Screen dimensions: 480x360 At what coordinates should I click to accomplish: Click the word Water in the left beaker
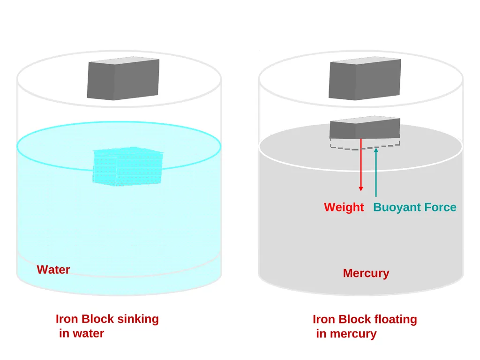click(53, 270)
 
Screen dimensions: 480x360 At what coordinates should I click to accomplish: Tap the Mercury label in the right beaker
click(366, 273)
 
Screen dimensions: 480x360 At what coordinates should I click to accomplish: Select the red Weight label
click(344, 208)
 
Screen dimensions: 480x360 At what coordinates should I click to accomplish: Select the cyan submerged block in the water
click(128, 167)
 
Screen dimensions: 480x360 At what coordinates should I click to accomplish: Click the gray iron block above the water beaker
click(123, 78)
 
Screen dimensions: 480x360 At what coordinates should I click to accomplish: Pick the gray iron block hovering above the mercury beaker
click(365, 78)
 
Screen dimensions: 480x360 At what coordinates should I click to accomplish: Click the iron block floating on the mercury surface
click(365, 127)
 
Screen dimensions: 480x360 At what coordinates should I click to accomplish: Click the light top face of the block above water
click(124, 60)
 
